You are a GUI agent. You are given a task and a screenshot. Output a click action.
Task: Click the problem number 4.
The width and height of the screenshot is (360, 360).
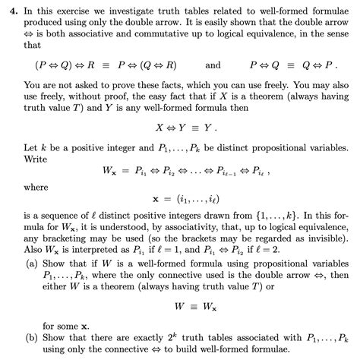coord(8,8)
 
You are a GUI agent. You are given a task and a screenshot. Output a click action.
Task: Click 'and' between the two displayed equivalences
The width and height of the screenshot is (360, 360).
coord(213,65)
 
